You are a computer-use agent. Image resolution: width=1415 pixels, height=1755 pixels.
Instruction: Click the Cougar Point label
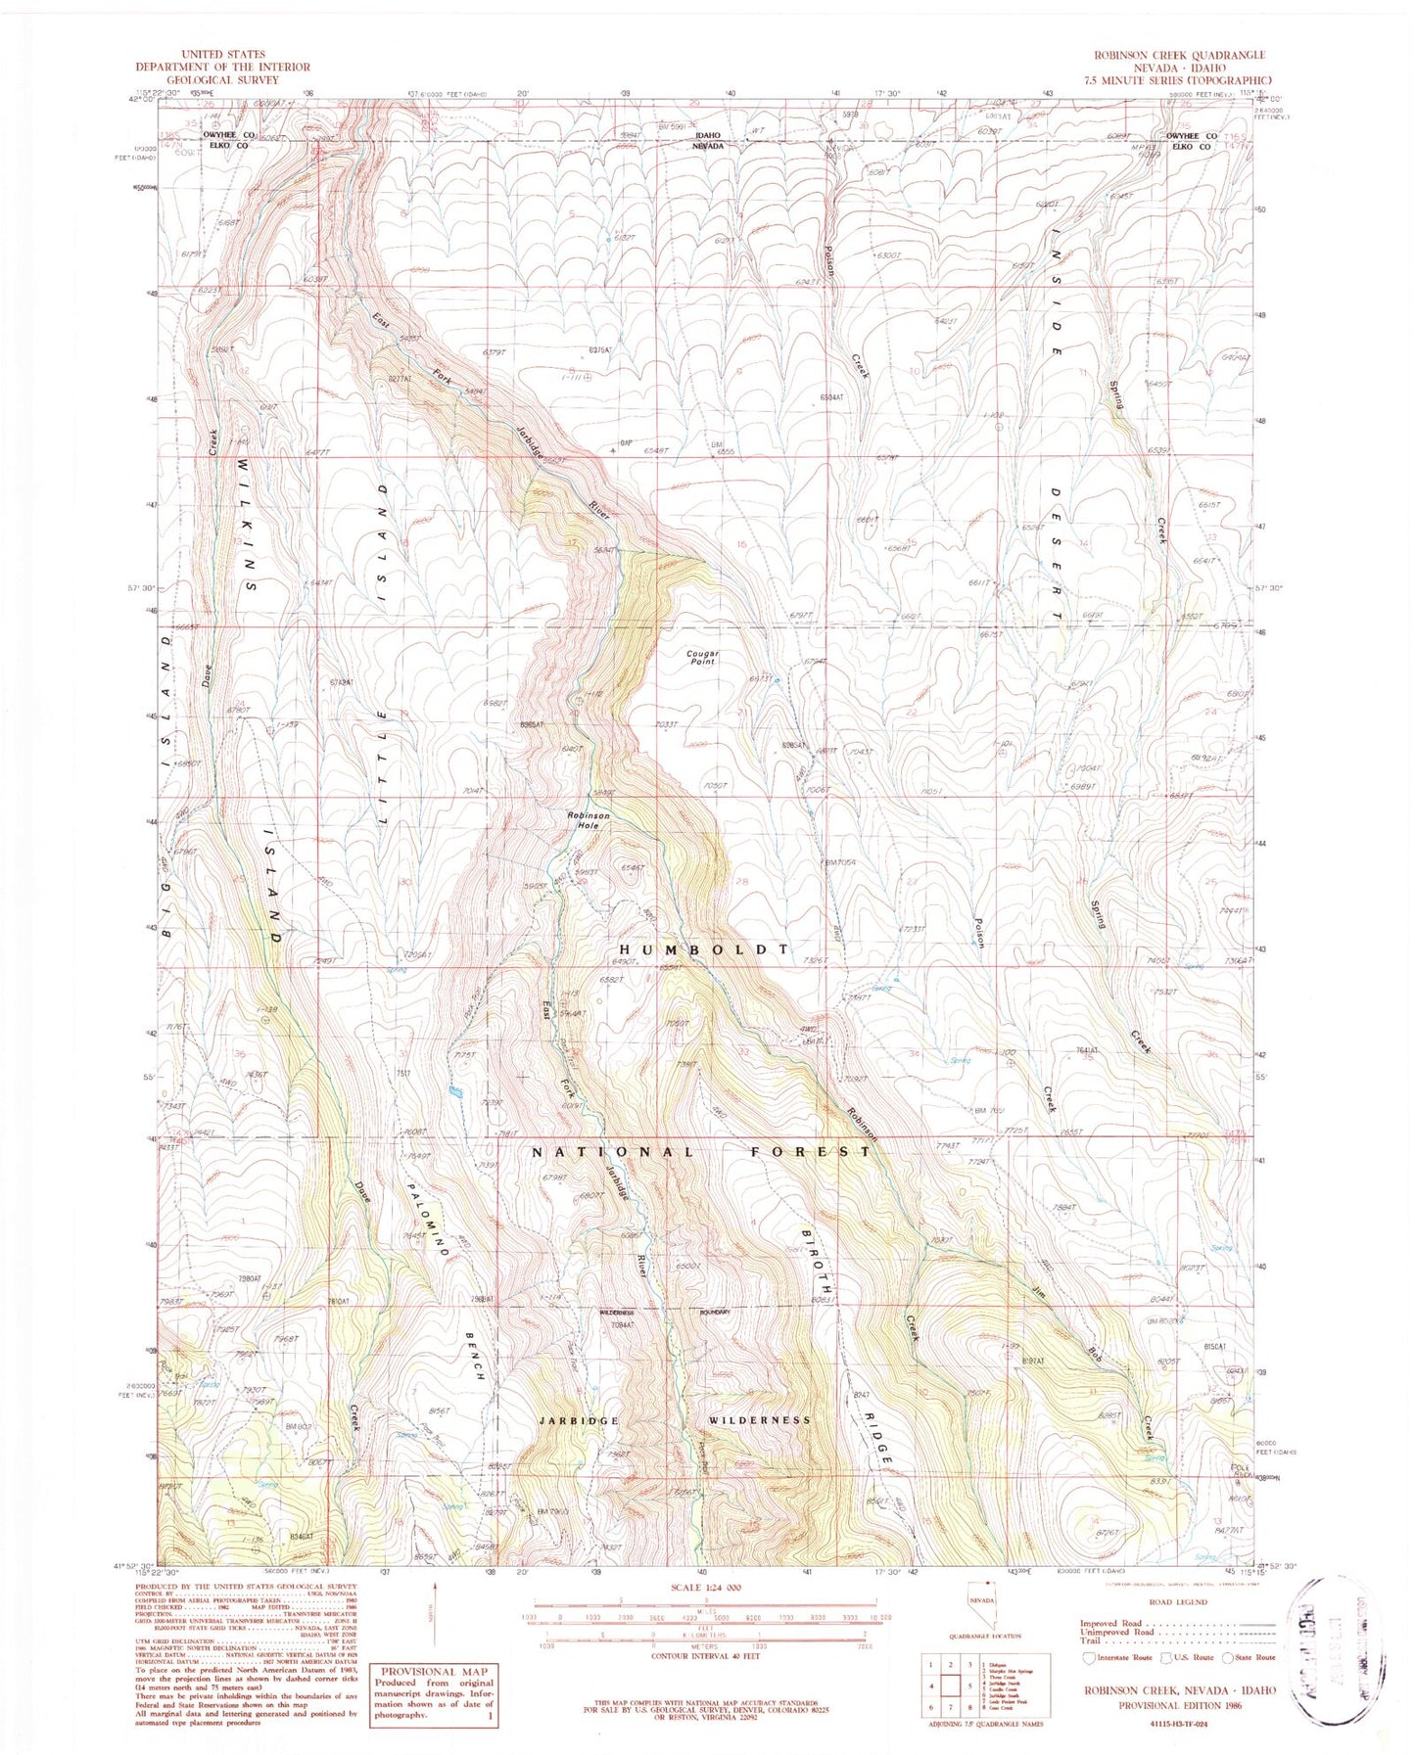[702, 657]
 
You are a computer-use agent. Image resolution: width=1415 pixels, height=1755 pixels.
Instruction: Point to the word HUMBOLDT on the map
[704, 949]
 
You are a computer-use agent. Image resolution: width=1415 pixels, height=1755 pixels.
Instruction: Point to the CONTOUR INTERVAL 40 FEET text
[706, 1651]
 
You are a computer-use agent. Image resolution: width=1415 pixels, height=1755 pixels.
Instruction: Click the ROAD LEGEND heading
[1179, 1602]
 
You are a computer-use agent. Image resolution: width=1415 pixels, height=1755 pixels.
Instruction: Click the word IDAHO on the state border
[708, 135]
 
